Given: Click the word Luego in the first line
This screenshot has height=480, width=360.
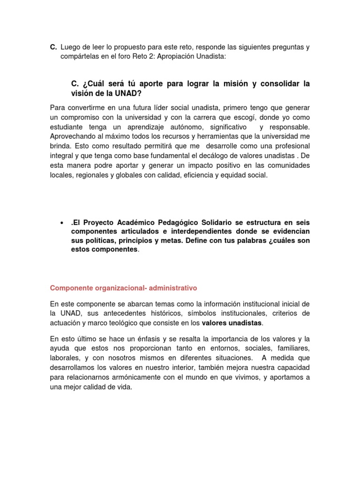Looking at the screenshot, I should click(71, 47).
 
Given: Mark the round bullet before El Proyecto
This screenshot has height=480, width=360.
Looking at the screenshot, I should click(62, 223).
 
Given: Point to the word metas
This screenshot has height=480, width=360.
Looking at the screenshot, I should click(171, 240).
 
